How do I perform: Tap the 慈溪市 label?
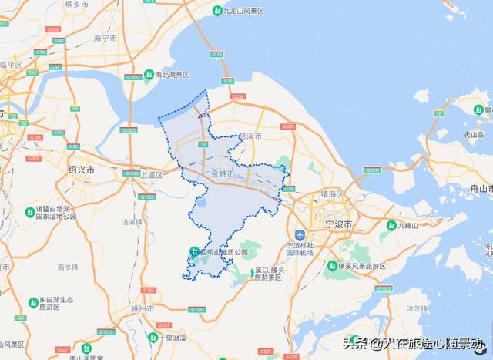click(x=251, y=136)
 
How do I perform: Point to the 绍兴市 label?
click(x=81, y=170)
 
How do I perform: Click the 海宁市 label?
click(x=104, y=37)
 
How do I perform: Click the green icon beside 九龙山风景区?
click(x=217, y=11)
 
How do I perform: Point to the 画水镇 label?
click(x=68, y=267)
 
